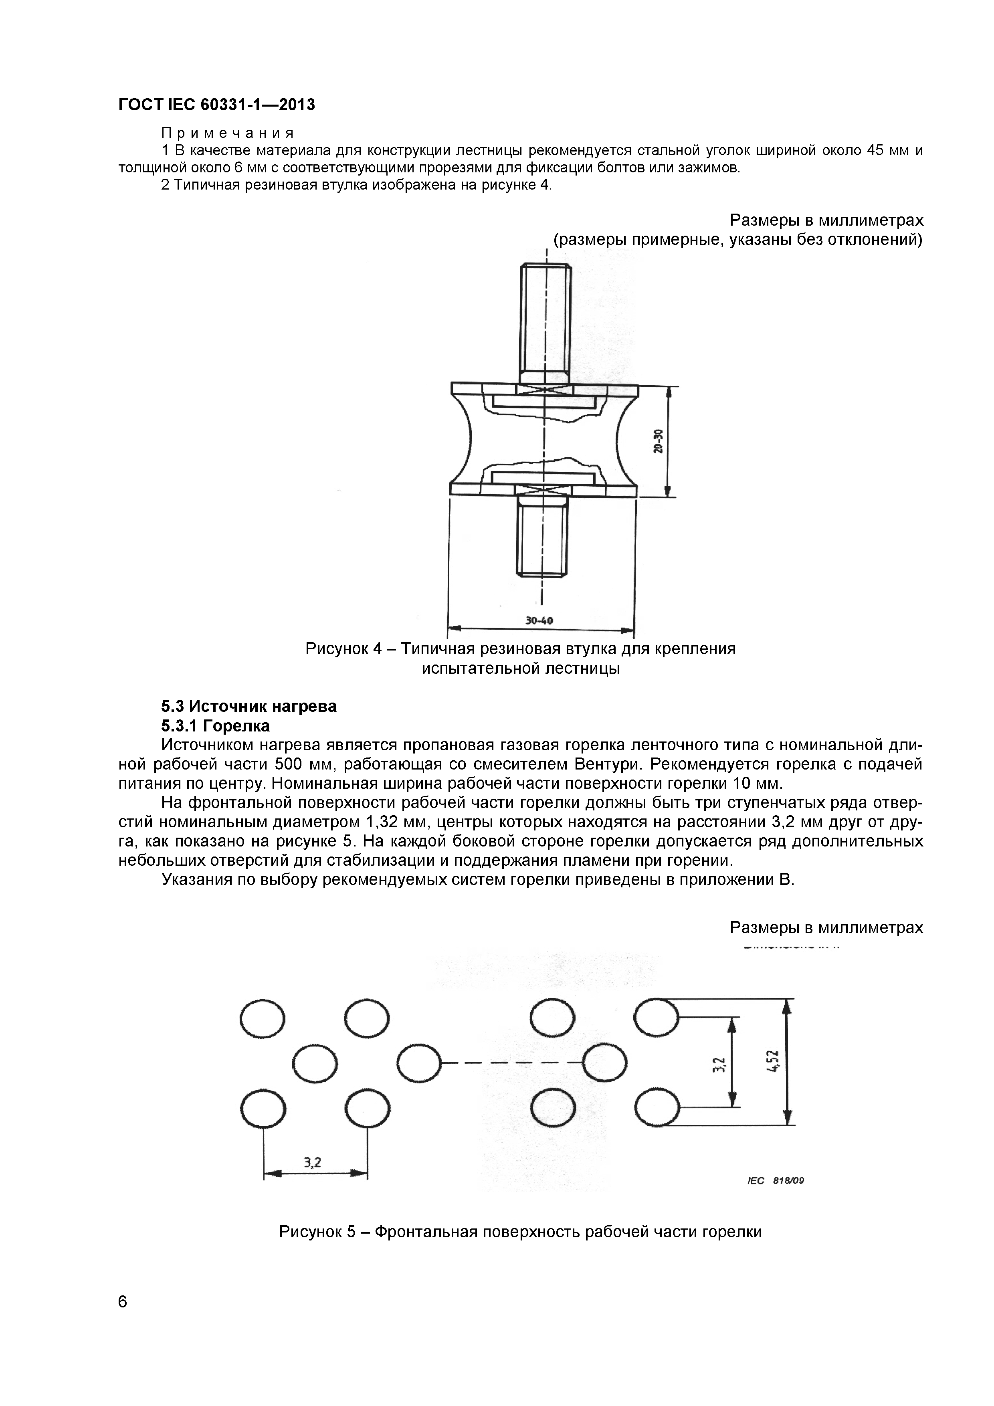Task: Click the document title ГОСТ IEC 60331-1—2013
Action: tap(216, 105)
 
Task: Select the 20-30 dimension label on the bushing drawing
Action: tap(658, 441)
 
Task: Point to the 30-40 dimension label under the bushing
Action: tap(539, 620)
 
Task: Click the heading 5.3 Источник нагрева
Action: tap(248, 706)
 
